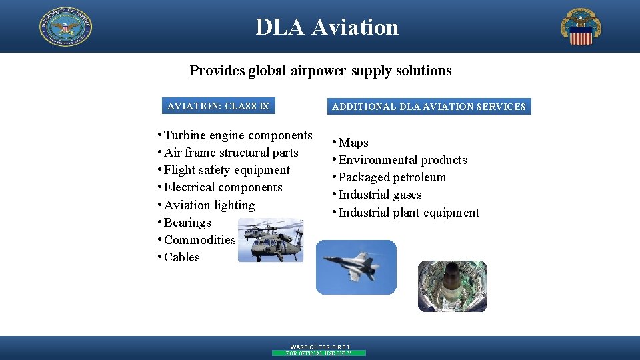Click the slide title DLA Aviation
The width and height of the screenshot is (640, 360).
coord(327,27)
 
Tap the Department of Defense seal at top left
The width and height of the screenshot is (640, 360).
coord(65,27)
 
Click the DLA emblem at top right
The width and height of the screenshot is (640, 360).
coord(581,27)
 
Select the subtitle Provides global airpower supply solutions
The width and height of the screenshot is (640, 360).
coord(320,71)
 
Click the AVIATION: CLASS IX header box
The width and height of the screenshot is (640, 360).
coord(219,106)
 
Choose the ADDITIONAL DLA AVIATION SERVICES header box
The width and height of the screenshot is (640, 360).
coord(429,107)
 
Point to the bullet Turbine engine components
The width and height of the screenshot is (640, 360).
coord(237,135)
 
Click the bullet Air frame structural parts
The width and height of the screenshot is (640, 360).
coord(231,153)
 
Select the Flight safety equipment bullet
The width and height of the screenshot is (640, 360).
coord(227,170)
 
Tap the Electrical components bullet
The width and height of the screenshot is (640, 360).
coord(223,187)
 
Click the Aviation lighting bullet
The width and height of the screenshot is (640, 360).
coord(209,205)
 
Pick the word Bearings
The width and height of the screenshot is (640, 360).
coord(187,223)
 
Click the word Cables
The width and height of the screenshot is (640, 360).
coord(182,257)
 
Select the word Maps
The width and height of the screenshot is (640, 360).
coord(353,143)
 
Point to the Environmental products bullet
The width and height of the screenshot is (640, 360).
coord(403,160)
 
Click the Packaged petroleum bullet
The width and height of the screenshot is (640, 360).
coord(392,177)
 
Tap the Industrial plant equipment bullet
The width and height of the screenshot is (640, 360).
coord(409,213)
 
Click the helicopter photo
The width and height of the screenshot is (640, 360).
coord(271,239)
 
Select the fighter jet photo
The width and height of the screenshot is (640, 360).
coord(355,267)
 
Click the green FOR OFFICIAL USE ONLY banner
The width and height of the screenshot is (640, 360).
coord(319,353)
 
